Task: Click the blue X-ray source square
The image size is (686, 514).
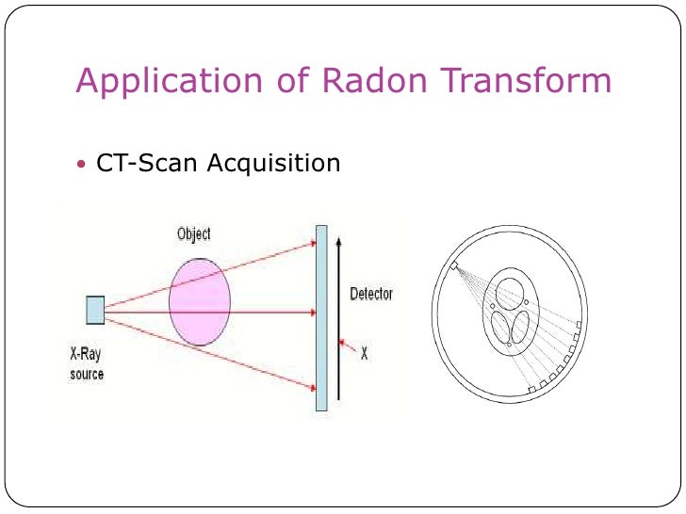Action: click(x=95, y=310)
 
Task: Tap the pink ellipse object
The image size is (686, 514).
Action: click(x=199, y=300)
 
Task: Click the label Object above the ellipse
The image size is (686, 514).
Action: click(x=194, y=233)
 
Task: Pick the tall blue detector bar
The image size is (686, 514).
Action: click(x=321, y=317)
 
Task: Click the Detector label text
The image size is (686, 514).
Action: click(x=371, y=294)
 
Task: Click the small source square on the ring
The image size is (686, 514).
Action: click(x=453, y=267)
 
